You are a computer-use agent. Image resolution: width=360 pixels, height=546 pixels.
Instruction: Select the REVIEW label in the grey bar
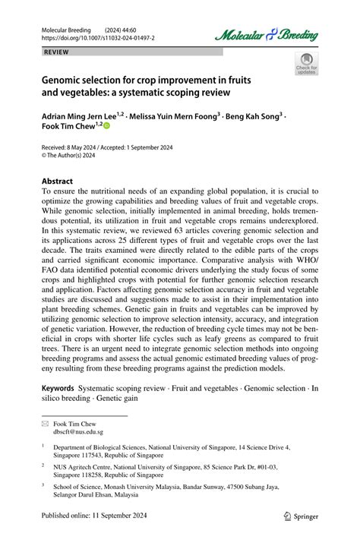click(56, 52)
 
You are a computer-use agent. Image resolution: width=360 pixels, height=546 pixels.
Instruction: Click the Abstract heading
click(57, 181)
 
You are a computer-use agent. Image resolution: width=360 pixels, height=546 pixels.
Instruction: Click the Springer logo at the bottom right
click(301, 516)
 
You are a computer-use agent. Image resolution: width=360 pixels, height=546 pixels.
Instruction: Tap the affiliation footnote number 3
click(43, 484)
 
